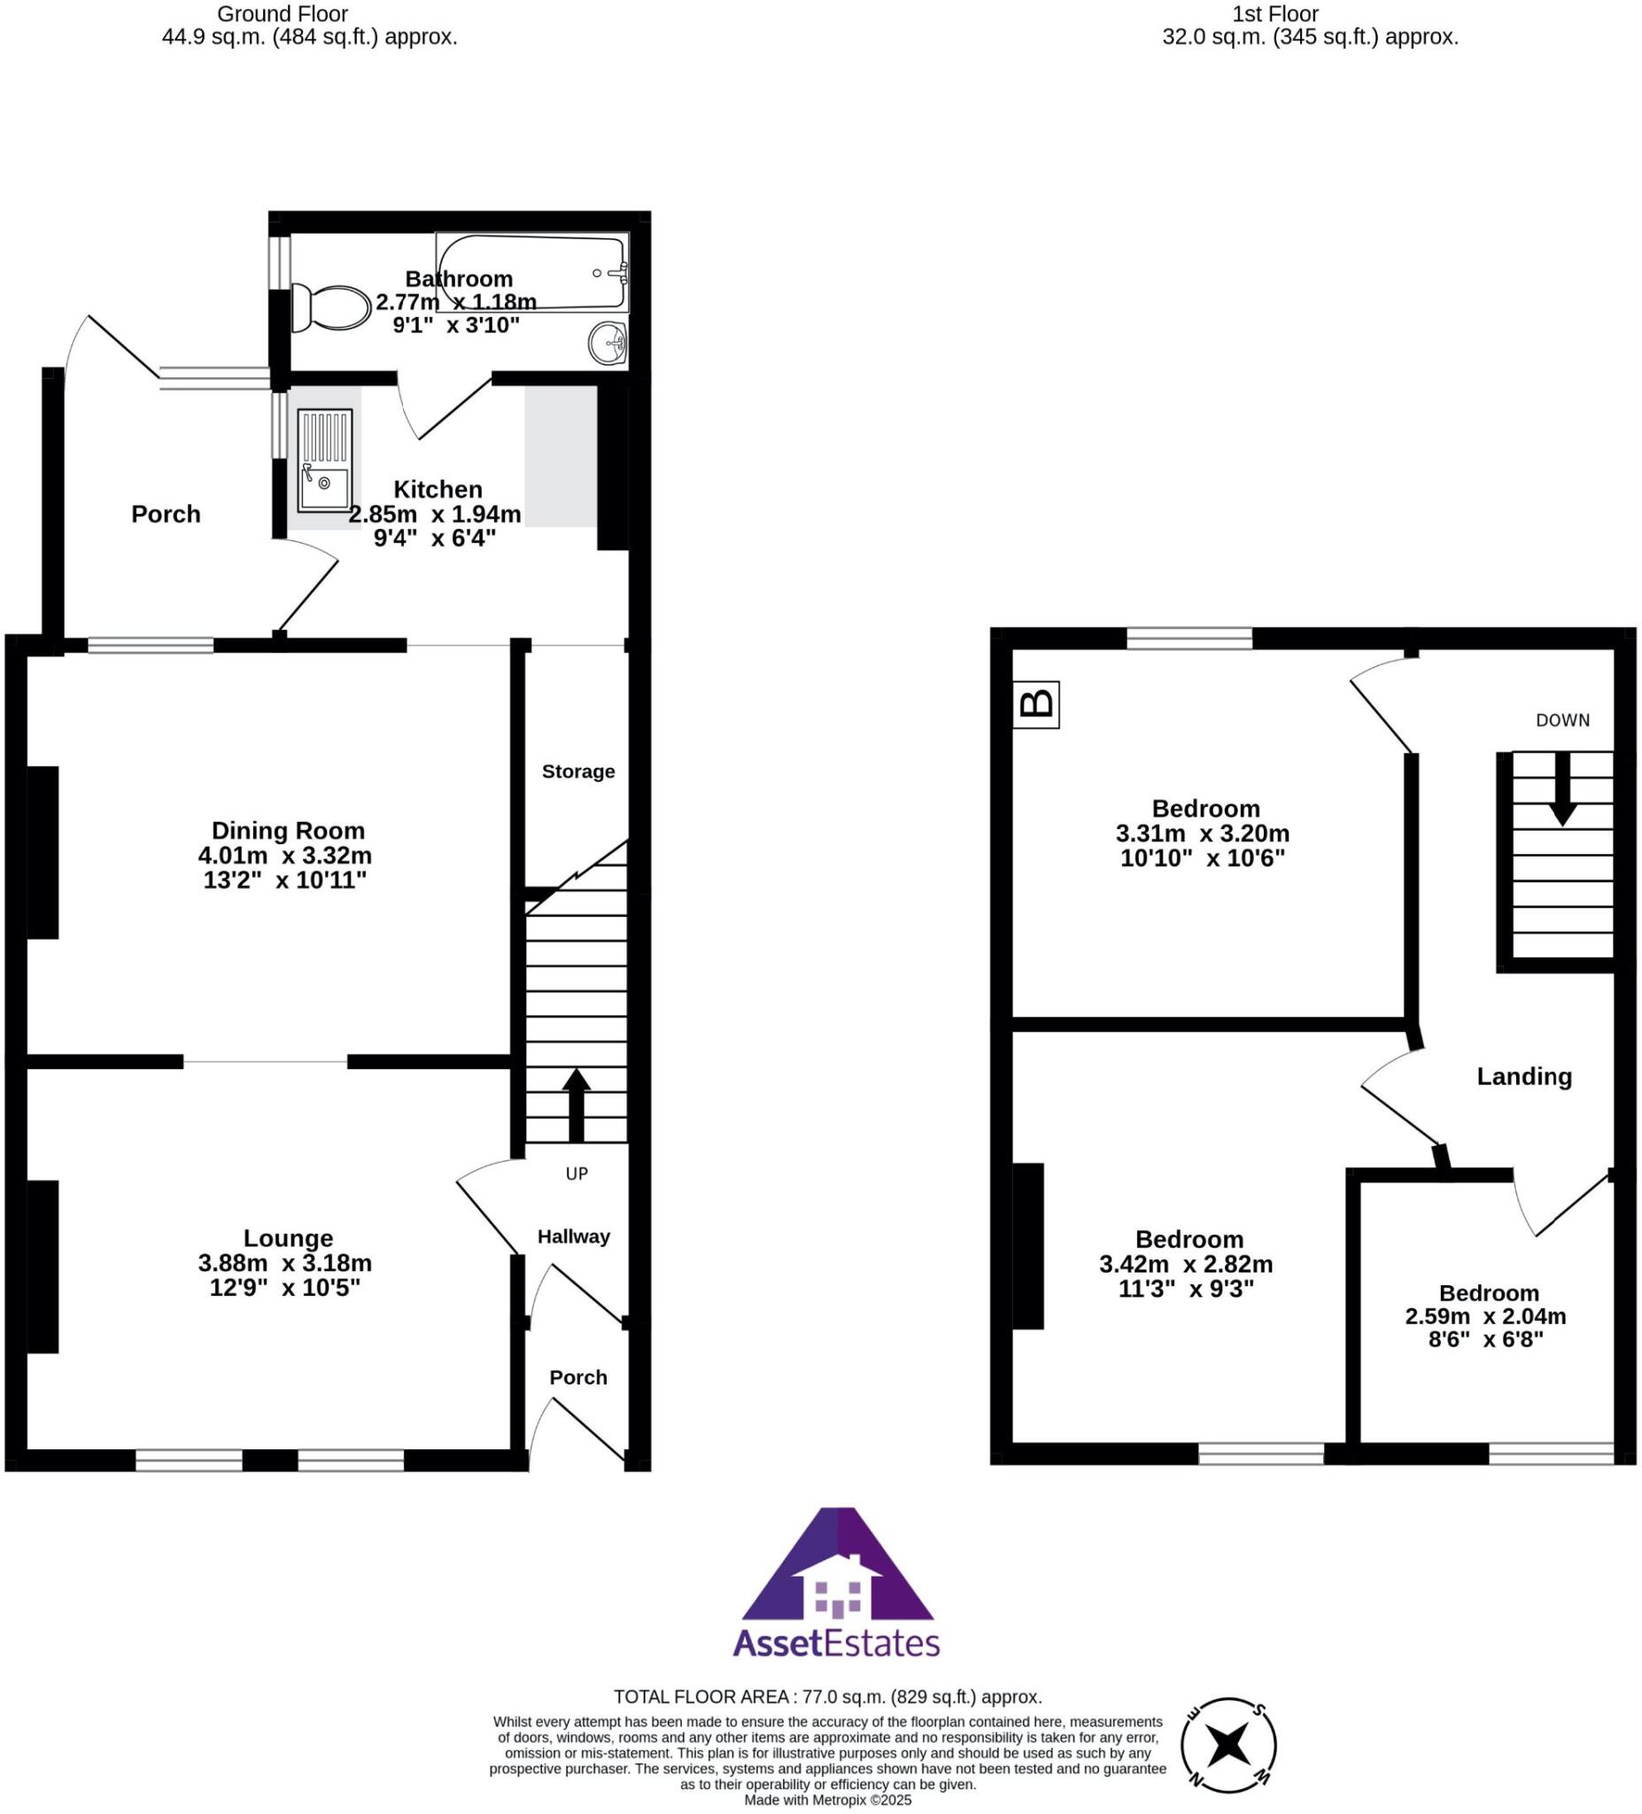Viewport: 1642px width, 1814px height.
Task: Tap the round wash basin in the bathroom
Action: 608,344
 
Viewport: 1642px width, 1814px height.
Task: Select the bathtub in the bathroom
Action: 531,272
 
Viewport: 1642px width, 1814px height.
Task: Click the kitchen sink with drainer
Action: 325,460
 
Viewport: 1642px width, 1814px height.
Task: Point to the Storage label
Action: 577,771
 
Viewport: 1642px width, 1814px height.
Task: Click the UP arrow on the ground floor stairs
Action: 576,1104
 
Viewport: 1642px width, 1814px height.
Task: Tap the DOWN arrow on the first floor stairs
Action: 1563,787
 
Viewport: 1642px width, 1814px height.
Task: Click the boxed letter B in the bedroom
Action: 1035,703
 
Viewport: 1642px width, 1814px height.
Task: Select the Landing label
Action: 1524,1076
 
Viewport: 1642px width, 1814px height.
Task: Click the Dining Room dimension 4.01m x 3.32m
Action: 285,855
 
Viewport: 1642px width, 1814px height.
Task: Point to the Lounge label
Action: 288,1238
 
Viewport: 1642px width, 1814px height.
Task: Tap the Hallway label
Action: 573,1236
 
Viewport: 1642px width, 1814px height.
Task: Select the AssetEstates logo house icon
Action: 838,1592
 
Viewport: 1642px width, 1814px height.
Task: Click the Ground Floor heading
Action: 283,13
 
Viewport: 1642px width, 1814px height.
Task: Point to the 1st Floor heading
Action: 1275,13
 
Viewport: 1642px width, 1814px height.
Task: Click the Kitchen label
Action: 438,490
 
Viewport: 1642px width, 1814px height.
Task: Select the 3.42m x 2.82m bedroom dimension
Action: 1186,1264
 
